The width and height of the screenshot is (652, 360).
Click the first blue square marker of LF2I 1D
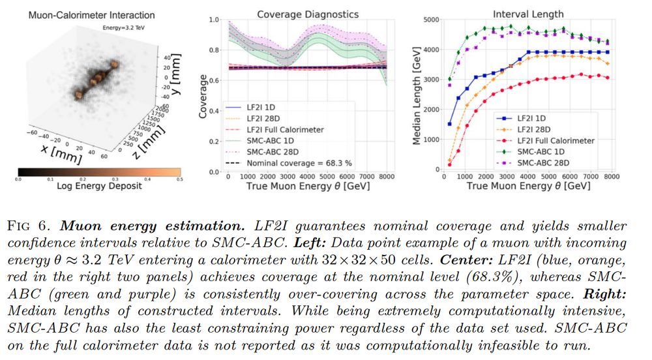tap(449, 123)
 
